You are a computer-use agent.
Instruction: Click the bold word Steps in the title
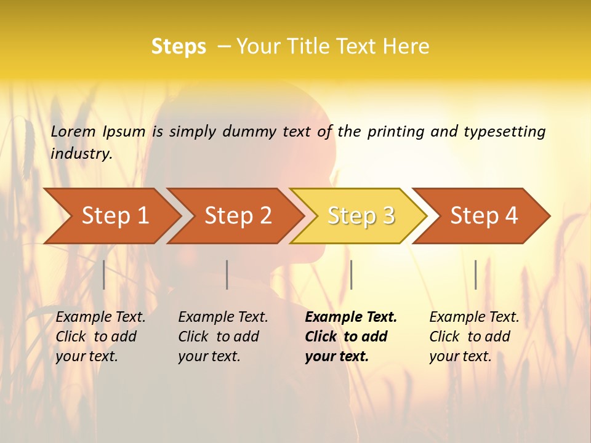(x=179, y=47)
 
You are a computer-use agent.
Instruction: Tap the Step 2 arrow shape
(x=238, y=216)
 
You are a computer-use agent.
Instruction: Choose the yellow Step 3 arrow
(x=361, y=216)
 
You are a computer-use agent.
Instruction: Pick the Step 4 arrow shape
(x=484, y=216)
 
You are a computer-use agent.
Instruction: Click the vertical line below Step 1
(x=104, y=274)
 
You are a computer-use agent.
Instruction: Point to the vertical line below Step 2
(x=227, y=274)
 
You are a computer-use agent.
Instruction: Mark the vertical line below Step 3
(x=351, y=274)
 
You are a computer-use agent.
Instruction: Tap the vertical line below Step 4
(x=475, y=274)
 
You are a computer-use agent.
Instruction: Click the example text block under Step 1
(x=100, y=337)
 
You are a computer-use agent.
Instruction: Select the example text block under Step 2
(x=223, y=337)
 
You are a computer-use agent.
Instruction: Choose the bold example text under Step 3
(x=351, y=337)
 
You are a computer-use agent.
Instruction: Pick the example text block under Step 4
(x=474, y=337)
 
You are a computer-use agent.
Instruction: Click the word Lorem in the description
(x=73, y=132)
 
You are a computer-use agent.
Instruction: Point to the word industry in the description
(x=81, y=154)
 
